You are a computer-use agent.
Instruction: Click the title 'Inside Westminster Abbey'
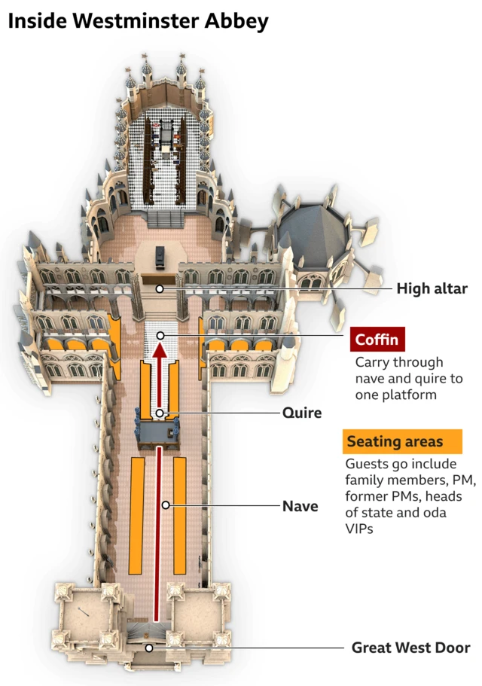(x=138, y=21)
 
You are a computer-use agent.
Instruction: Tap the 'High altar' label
(x=432, y=288)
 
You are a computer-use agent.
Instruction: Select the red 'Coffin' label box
(x=377, y=339)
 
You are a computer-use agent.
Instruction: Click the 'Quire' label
(x=302, y=413)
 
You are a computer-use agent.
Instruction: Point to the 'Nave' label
(x=300, y=506)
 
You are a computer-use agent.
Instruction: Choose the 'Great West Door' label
(x=410, y=648)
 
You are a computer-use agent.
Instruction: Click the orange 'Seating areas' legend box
(x=394, y=441)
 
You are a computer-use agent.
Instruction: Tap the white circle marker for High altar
(x=160, y=288)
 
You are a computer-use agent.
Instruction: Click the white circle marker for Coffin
(x=160, y=335)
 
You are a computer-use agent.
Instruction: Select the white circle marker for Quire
(x=160, y=413)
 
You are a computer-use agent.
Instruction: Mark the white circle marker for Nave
(x=165, y=505)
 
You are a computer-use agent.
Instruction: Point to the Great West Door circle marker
(x=150, y=648)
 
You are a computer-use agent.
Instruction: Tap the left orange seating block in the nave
(x=137, y=514)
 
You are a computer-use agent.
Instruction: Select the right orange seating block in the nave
(x=180, y=514)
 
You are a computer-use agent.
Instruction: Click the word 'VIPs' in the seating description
(x=359, y=529)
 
